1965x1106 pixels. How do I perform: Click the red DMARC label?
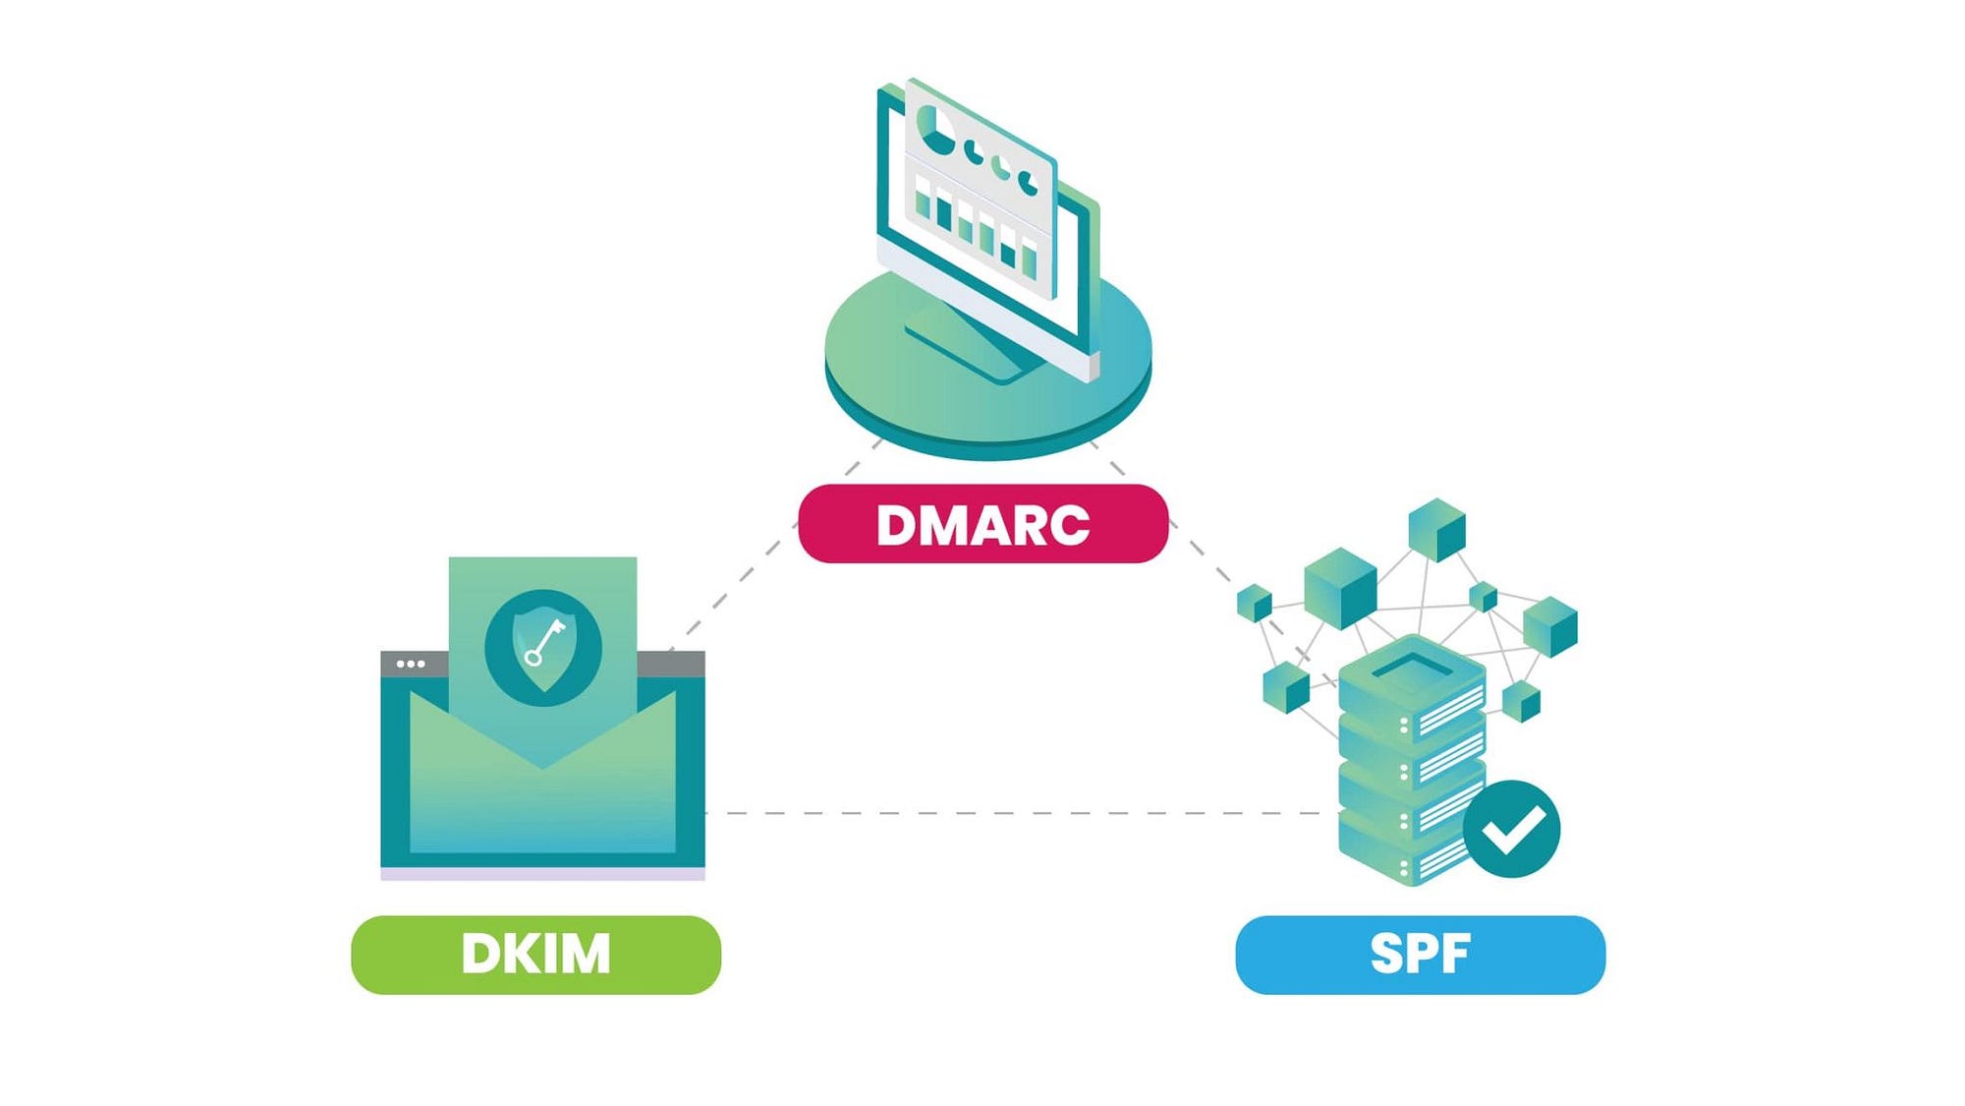pos(982,523)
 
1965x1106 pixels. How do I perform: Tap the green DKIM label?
pos(535,954)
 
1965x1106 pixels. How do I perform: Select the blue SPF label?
pos(1420,954)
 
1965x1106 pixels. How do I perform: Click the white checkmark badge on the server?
pos(1511,829)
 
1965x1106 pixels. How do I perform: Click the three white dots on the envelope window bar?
pos(411,664)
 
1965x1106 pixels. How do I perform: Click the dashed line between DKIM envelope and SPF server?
pos(1012,813)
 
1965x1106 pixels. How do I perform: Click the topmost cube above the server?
pos(1436,528)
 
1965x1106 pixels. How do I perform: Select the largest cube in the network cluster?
pos(1340,587)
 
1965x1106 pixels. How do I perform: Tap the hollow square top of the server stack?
pos(1413,667)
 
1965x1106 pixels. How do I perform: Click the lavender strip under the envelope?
pos(542,874)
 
